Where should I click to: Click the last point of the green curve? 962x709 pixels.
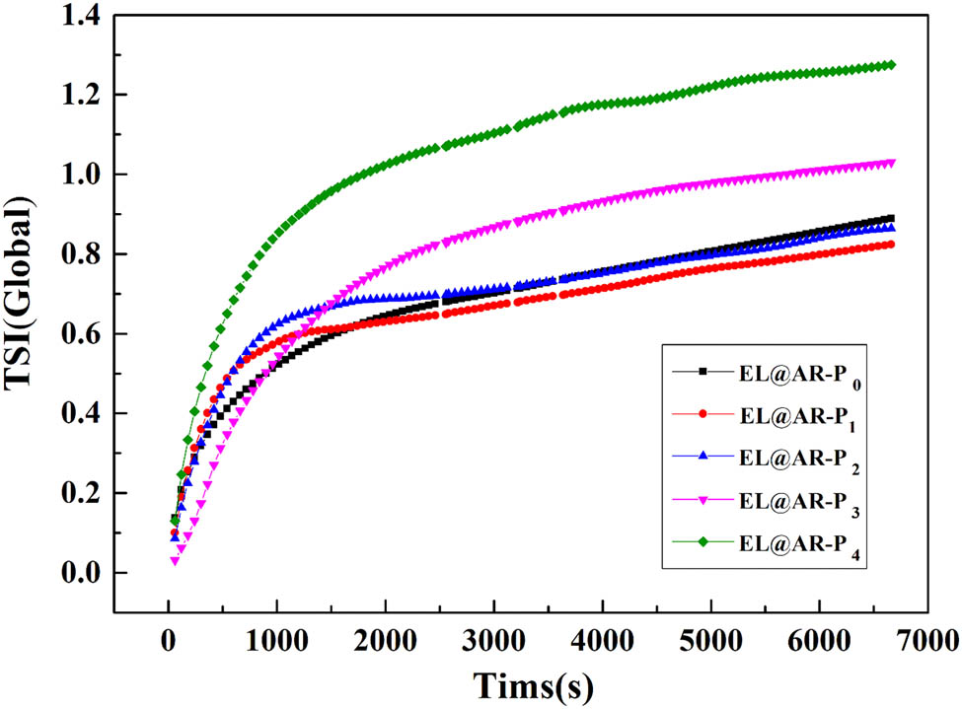point(891,65)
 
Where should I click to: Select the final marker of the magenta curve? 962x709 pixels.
point(891,163)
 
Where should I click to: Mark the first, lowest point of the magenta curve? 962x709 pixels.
point(175,561)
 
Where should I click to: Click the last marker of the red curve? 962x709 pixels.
point(891,245)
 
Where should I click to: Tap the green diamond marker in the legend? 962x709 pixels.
point(703,541)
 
